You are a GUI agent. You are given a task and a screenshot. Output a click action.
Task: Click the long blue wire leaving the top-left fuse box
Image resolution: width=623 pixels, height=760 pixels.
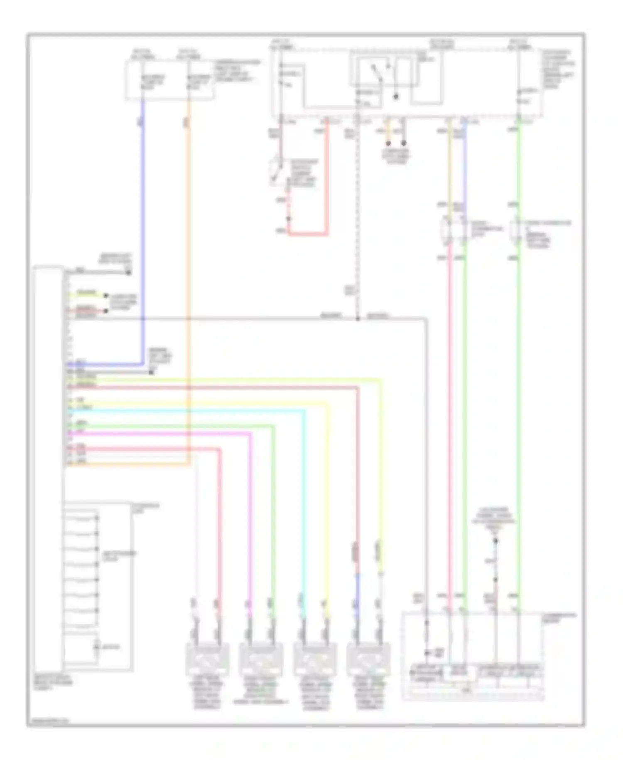143,233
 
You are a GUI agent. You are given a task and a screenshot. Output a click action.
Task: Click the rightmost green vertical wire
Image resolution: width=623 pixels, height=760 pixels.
519,416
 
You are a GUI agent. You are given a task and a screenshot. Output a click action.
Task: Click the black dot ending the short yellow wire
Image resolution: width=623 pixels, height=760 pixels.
106,296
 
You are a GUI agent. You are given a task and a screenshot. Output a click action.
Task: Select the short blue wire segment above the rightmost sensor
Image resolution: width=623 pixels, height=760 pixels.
356,586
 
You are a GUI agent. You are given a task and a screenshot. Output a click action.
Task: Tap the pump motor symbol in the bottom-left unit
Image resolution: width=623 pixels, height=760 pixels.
97,646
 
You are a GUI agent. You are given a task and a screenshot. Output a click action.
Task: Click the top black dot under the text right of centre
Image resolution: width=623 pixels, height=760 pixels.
495,541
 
